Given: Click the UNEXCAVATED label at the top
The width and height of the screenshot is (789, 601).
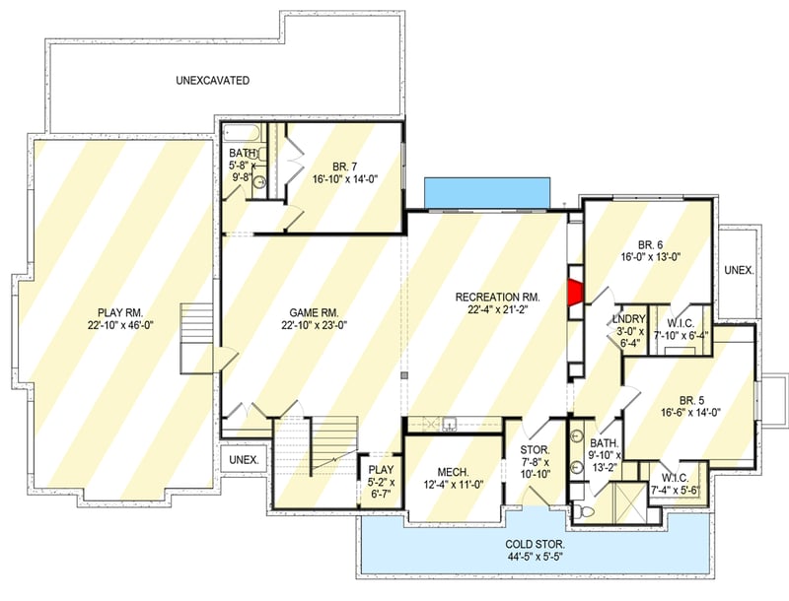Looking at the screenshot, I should [212, 80].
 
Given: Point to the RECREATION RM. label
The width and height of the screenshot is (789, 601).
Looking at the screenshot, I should [497, 297].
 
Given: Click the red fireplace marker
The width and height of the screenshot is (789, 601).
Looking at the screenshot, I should [574, 292].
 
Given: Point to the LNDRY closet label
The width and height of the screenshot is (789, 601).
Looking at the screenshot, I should [628, 318].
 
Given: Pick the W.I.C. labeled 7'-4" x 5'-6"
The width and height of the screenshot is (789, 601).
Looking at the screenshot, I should [675, 477].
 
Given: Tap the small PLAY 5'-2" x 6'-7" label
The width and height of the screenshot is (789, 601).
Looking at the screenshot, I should [380, 469].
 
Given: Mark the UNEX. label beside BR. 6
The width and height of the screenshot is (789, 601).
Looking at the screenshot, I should [738, 269].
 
